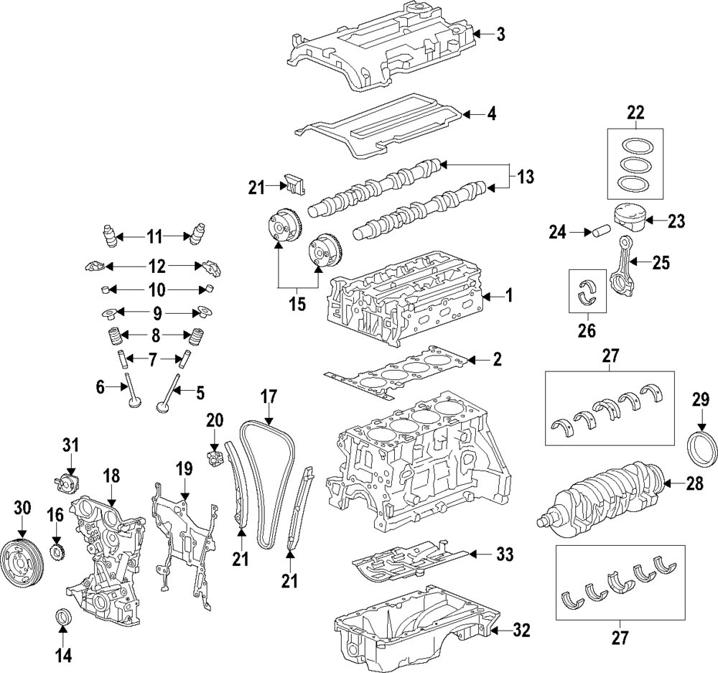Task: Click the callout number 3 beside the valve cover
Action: click(500, 33)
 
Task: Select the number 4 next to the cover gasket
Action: click(491, 113)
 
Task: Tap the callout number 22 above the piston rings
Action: click(635, 112)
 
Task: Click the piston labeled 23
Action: click(633, 220)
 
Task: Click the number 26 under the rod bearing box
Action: click(587, 331)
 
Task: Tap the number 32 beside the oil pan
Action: click(521, 631)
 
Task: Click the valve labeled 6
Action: click(133, 392)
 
